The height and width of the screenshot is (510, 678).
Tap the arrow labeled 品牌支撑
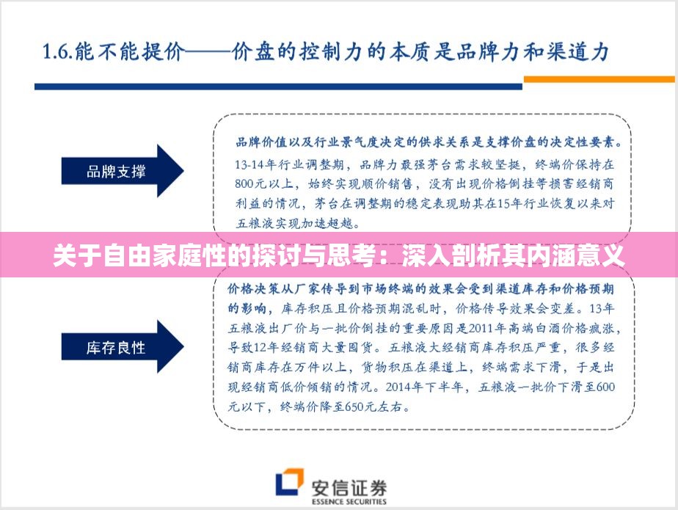[121, 172]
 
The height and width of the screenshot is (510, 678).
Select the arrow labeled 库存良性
[121, 347]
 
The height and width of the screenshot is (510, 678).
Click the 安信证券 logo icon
[290, 483]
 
